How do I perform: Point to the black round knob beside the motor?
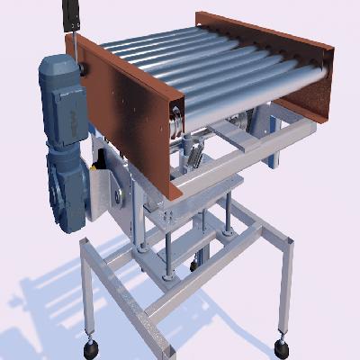[x=84, y=68]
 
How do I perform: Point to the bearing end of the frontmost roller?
[x=176, y=117]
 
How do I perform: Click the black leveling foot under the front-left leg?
[x=91, y=346]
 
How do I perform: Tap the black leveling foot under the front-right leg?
[x=282, y=346]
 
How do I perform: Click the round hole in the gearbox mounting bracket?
[x=118, y=194]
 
